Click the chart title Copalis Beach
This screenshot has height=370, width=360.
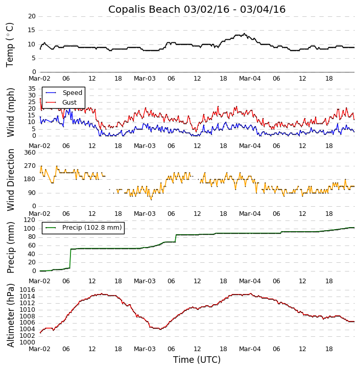pos(197,10)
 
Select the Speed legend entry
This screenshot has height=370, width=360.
pos(72,93)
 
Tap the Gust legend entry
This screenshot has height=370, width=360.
pos(69,102)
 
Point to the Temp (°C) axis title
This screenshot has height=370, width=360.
pos(10,44)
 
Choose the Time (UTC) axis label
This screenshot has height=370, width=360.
pos(197,360)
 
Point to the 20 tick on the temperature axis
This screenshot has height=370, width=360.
pos(32,16)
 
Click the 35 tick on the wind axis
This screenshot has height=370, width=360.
pos(32,89)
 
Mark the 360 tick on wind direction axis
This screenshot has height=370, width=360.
pos(30,153)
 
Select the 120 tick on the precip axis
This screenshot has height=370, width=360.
pos(30,220)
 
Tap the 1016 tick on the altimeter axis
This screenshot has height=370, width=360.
pos(28,290)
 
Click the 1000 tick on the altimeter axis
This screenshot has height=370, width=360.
pos(28,342)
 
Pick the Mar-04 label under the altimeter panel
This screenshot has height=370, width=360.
pos(250,349)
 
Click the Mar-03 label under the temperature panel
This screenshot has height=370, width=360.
pos(145,79)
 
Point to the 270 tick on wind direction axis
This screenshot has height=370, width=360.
pos(30,166)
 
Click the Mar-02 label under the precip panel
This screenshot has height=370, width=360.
pos(40,281)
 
